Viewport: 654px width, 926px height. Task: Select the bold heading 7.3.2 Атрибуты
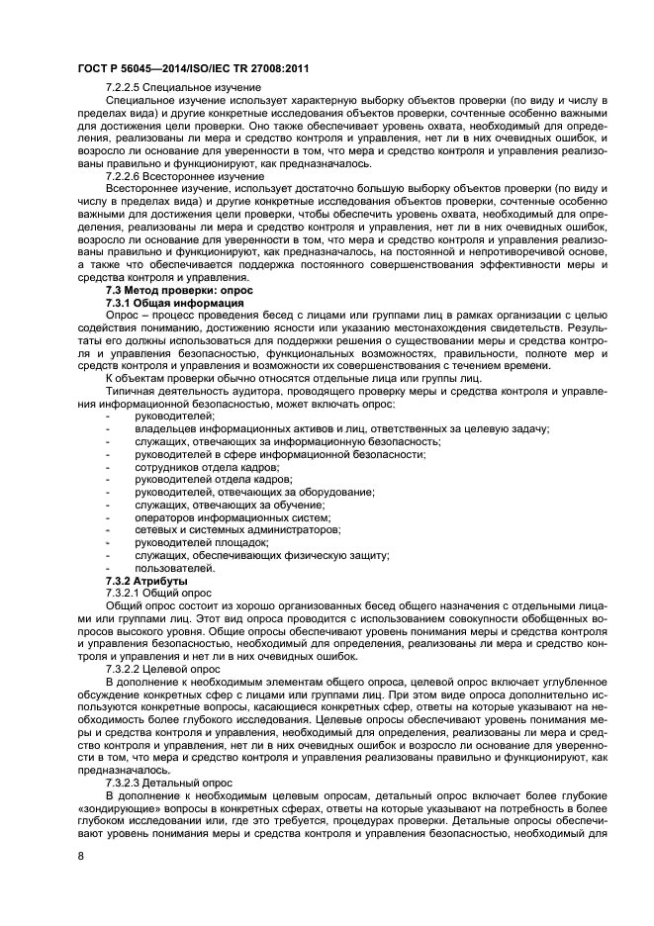145,581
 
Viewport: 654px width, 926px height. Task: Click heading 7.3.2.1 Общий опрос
156,593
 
